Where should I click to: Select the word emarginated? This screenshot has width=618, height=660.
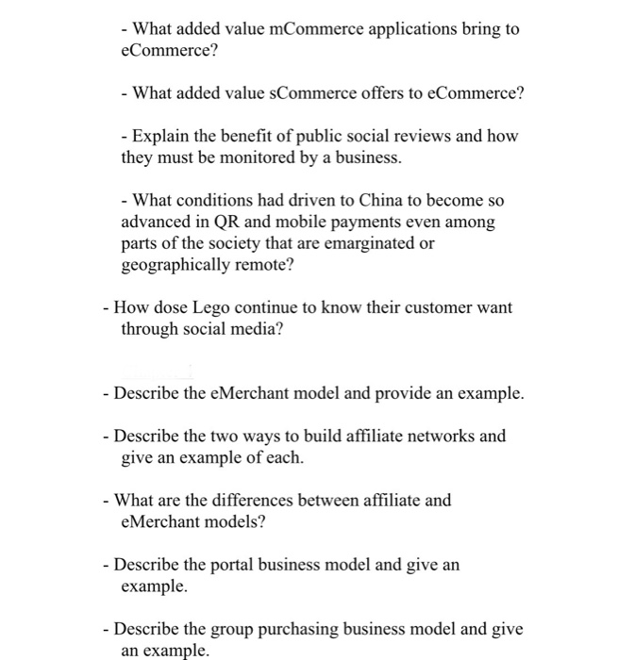tap(365, 243)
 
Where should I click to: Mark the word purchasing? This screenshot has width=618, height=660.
tap(283, 630)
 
